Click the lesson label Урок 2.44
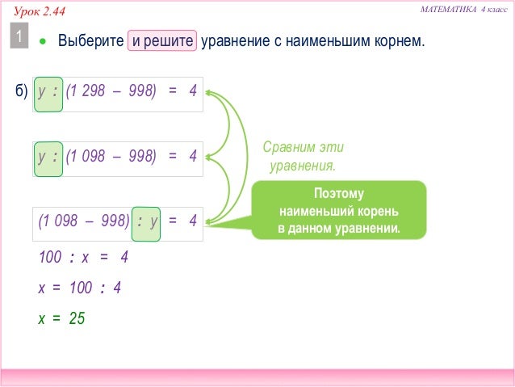click(x=40, y=11)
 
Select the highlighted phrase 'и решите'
click(x=161, y=40)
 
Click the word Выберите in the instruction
click(x=90, y=40)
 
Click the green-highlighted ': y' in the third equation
click(x=147, y=221)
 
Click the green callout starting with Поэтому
click(x=338, y=211)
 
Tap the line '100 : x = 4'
click(x=83, y=258)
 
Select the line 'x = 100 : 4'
click(x=79, y=288)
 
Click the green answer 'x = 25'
click(x=61, y=318)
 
